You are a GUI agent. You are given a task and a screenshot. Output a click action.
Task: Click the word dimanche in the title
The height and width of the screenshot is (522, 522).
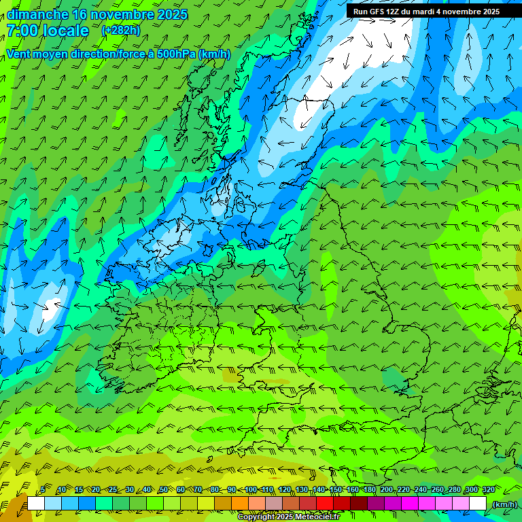(37, 14)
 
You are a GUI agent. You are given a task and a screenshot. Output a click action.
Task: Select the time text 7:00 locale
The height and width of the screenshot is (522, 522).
(48, 31)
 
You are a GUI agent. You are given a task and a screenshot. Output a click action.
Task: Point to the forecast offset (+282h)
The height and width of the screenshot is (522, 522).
(120, 31)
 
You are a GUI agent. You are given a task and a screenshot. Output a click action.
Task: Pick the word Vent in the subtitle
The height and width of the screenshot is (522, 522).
(20, 54)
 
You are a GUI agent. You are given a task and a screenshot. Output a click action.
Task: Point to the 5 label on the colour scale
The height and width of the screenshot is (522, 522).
(43, 489)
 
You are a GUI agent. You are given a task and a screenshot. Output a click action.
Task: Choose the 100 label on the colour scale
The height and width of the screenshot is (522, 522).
(250, 489)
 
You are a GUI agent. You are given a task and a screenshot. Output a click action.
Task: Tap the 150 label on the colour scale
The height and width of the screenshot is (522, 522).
(336, 489)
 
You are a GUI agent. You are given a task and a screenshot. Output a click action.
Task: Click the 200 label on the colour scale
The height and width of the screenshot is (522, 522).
(387, 489)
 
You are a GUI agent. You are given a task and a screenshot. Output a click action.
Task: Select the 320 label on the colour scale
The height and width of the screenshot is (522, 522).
(488, 489)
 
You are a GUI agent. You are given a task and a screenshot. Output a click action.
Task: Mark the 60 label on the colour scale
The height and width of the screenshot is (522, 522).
(181, 489)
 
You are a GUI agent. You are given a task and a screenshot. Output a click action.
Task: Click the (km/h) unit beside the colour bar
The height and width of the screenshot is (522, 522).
(505, 504)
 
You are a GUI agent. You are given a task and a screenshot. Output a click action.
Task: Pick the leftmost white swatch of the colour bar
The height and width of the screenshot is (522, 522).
(35, 504)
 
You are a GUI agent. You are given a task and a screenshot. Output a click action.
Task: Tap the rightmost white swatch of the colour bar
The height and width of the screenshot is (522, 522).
(478, 504)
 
